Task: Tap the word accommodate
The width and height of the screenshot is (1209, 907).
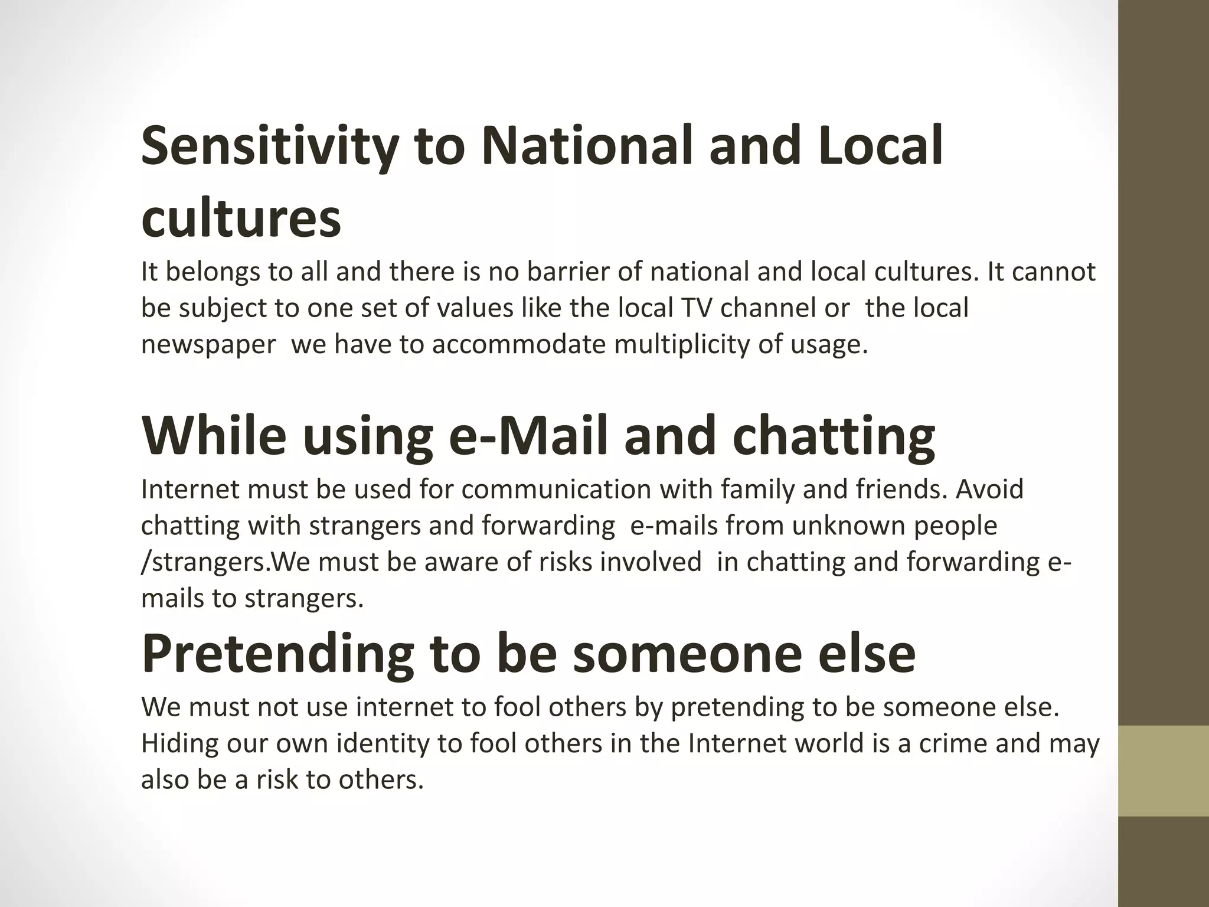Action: (x=519, y=344)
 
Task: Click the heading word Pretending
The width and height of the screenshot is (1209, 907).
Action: (x=277, y=654)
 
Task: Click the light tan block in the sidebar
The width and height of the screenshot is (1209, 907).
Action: (x=1163, y=771)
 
